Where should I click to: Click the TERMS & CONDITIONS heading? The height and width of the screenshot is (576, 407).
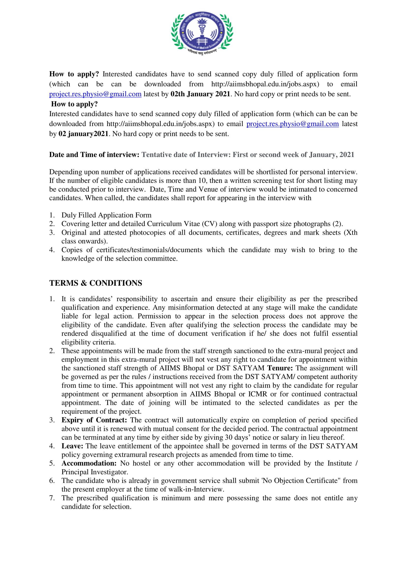click(95, 283)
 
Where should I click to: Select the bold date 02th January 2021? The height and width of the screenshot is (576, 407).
click(200, 94)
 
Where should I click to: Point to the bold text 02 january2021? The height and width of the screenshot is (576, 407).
click(83, 134)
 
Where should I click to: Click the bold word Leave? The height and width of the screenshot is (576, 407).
click(72, 446)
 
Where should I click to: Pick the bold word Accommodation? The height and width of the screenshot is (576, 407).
click(89, 463)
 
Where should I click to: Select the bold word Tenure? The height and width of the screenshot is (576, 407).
click(280, 368)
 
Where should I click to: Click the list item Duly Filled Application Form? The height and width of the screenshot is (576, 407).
click(106, 215)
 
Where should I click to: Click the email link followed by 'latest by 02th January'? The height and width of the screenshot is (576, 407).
click(95, 94)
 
